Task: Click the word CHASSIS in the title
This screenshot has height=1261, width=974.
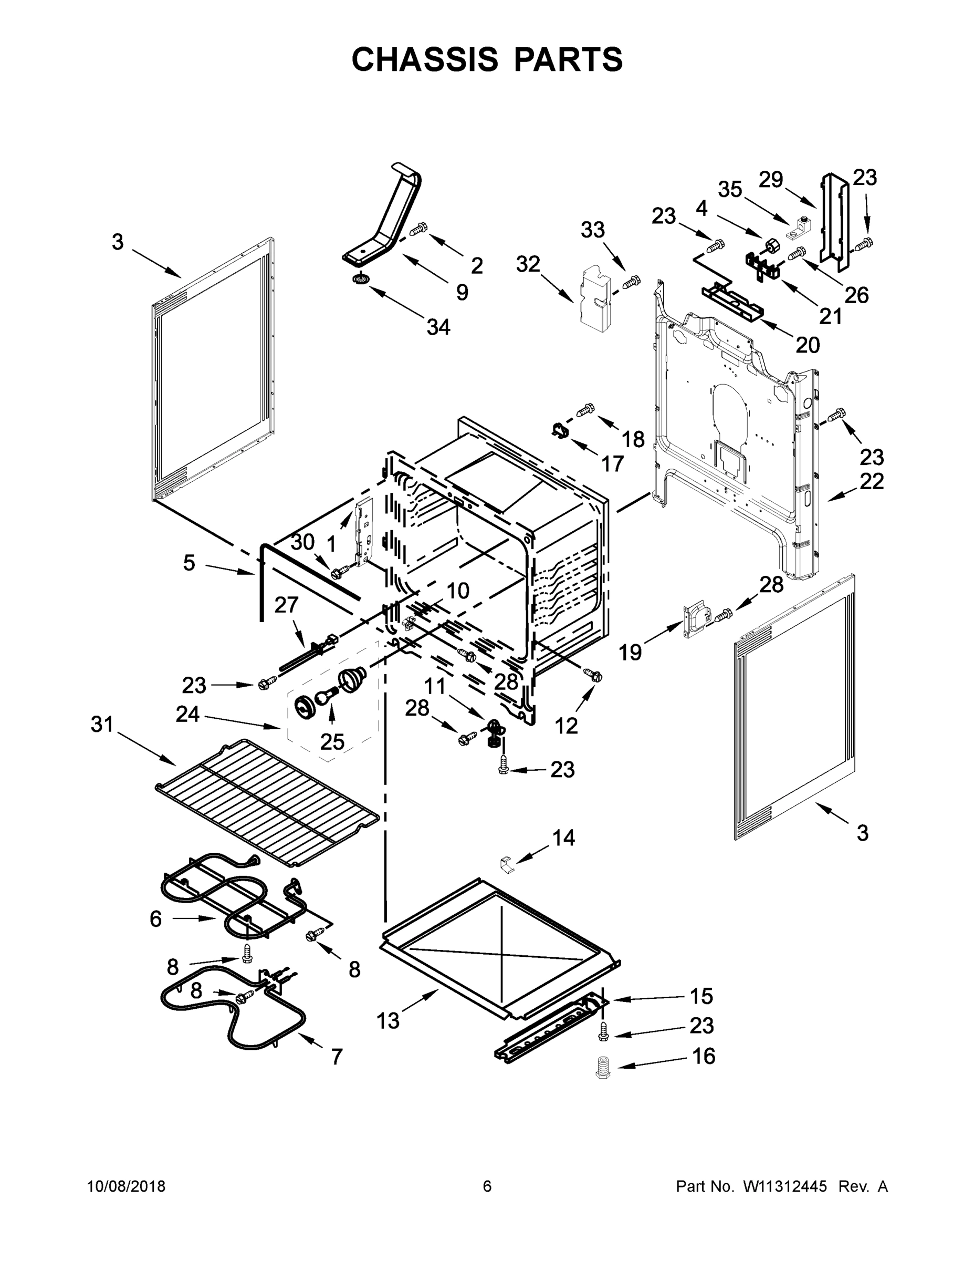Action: click(x=425, y=59)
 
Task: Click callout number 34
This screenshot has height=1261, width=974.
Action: click(x=438, y=327)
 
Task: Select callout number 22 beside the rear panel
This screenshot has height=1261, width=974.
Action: click(x=871, y=481)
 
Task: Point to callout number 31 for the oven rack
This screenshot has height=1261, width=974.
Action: click(x=102, y=724)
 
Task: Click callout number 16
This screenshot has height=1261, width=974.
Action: click(x=703, y=1056)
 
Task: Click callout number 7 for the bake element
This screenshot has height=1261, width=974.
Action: click(x=337, y=1057)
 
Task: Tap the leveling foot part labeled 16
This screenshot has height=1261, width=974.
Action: click(x=602, y=1067)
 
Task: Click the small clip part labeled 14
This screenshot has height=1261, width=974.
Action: click(x=506, y=864)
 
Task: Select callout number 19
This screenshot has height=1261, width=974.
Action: click(x=630, y=653)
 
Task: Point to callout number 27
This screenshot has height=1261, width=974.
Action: click(x=286, y=605)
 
